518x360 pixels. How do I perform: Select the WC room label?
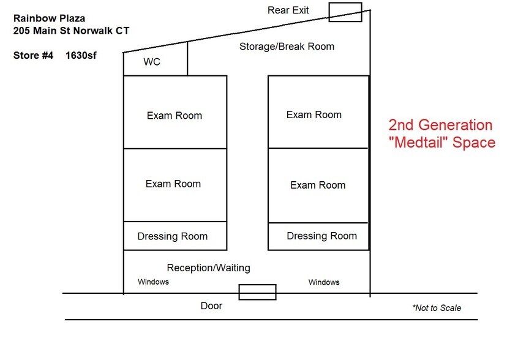pos(152,62)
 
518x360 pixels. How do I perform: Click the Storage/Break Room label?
pos(287,47)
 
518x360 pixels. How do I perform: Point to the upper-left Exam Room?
pos(175,112)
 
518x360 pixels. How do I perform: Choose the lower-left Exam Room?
pos(175,185)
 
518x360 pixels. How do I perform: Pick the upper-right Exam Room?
pos(318,112)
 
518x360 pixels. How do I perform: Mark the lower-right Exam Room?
pos(318,186)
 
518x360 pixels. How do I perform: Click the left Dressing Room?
pos(175,236)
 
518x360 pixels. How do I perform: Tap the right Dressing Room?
pos(318,236)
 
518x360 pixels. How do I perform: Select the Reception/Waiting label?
pos(208,268)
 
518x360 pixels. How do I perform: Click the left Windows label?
pos(153,282)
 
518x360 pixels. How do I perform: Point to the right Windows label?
pos(324,282)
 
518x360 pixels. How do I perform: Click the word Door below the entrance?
pos(211,306)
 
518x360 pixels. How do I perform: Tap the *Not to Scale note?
pos(437,308)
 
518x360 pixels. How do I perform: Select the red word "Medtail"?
pos(418,143)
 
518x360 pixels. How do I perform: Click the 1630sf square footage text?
pos(81,55)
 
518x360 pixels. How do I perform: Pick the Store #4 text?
pos(33,55)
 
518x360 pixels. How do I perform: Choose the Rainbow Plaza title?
pos(49,18)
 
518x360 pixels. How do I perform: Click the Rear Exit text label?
pos(288,10)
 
